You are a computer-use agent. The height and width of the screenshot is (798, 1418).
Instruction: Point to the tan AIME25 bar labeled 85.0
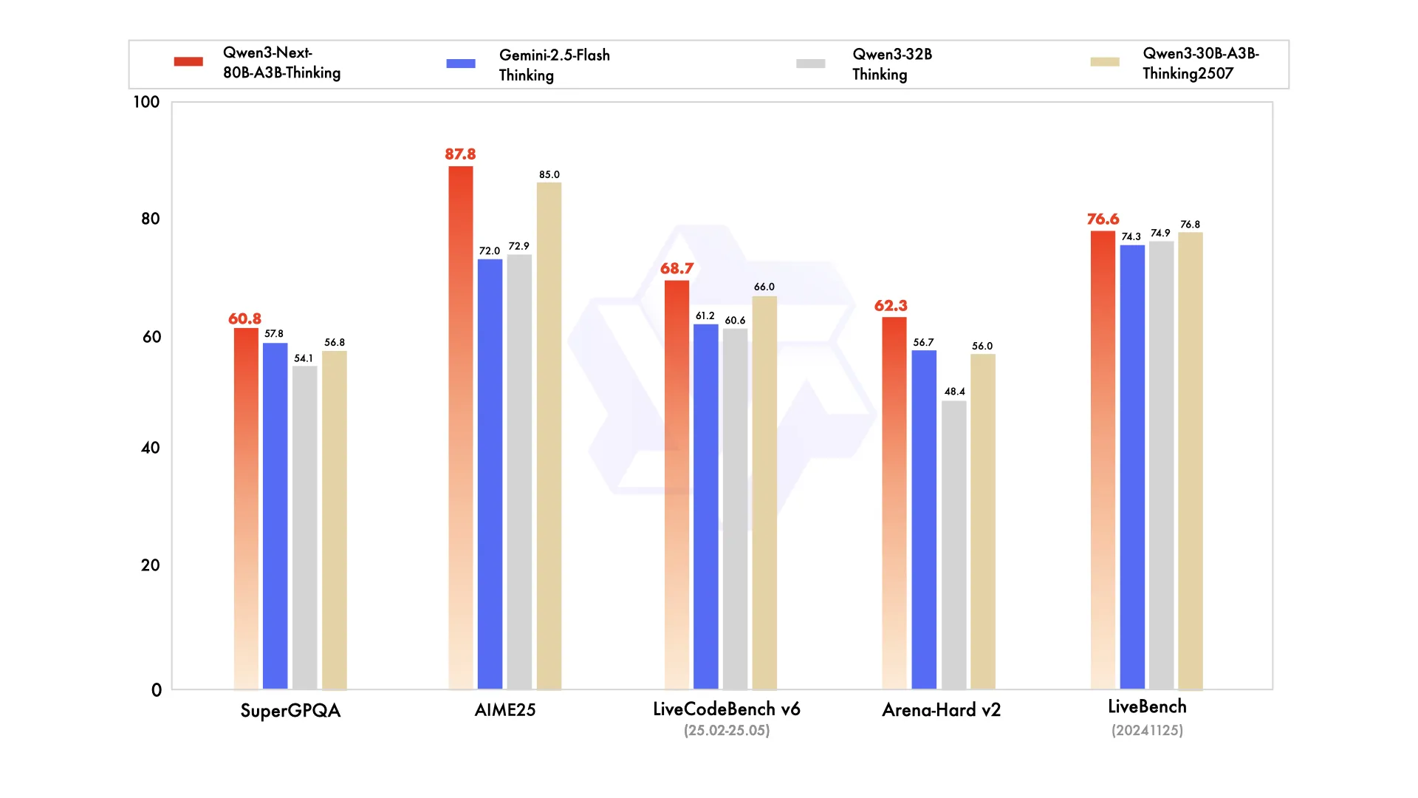pyautogui.click(x=549, y=436)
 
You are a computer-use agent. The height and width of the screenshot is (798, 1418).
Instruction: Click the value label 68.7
pyautogui.click(x=677, y=268)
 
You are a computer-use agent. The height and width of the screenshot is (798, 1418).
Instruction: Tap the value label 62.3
pyautogui.click(x=891, y=306)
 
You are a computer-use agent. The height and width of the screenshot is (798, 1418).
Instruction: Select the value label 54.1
pyautogui.click(x=304, y=358)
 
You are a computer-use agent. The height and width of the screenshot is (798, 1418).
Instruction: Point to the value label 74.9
pyautogui.click(x=1160, y=233)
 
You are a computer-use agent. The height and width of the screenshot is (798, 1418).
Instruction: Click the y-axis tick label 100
pyautogui.click(x=146, y=102)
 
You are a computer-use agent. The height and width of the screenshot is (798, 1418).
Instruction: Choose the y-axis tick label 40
pyautogui.click(x=150, y=448)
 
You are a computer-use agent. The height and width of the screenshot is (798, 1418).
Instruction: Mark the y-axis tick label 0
pyautogui.click(x=157, y=690)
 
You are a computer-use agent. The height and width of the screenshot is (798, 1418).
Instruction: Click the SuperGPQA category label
pyautogui.click(x=290, y=711)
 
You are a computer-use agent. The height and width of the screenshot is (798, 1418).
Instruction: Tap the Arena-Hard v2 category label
pyautogui.click(x=941, y=710)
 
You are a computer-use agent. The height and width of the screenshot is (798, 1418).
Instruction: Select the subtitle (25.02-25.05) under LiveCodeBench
pyautogui.click(x=727, y=731)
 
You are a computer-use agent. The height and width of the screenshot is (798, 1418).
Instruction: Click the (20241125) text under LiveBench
pyautogui.click(x=1147, y=731)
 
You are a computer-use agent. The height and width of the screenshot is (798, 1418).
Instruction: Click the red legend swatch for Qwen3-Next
pyautogui.click(x=188, y=61)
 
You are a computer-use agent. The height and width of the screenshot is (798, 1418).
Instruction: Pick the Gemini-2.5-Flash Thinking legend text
pyautogui.click(x=554, y=65)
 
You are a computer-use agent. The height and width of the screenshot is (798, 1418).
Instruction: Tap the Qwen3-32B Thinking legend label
pyautogui.click(x=891, y=64)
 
